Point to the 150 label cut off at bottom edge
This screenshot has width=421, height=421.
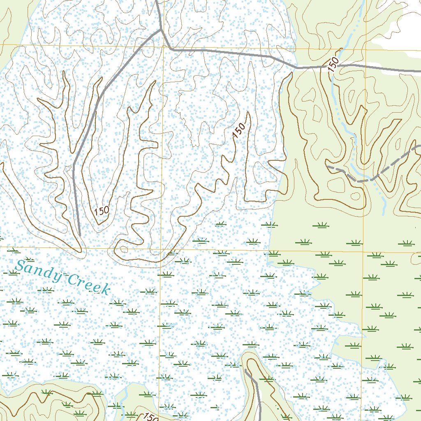150,417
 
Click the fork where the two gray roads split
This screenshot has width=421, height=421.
161,30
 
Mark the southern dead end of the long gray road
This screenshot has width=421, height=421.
79,235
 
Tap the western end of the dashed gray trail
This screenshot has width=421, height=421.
328,167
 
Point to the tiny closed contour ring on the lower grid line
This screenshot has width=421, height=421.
123,249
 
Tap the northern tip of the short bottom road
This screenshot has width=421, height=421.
245,370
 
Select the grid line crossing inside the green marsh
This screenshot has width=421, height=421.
363,252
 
